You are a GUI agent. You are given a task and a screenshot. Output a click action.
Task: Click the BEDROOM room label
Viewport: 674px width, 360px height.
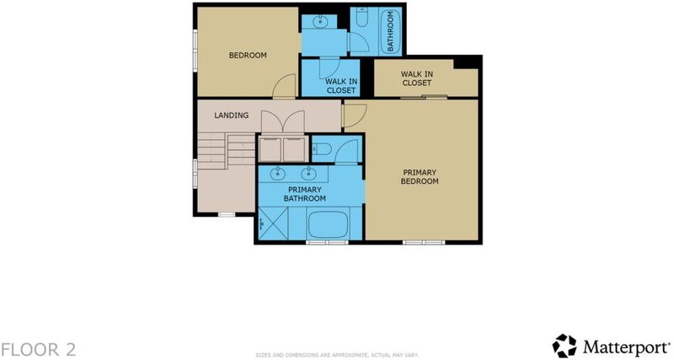tap(248, 55)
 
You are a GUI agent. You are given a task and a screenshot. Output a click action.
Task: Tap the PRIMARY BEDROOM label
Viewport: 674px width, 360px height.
tap(420, 177)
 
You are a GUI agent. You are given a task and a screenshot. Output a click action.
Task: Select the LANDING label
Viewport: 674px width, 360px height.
tap(231, 116)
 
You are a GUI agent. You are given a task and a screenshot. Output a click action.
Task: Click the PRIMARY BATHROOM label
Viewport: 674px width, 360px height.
tap(304, 194)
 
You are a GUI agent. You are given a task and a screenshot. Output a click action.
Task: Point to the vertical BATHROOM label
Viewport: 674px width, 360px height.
tap(391, 31)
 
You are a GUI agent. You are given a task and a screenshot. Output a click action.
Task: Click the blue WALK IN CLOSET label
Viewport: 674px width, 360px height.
tap(341, 86)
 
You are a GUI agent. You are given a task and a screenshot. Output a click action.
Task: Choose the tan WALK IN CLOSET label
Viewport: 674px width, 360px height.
tap(417, 78)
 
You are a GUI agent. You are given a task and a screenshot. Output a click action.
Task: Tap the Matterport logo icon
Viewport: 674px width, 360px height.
tap(564, 346)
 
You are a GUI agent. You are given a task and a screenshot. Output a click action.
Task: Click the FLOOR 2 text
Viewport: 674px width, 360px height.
tap(38, 349)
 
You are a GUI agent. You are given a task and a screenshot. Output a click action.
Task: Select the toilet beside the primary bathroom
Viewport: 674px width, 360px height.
tap(322, 149)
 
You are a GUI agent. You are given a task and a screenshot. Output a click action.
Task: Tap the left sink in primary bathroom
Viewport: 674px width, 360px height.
tap(278, 174)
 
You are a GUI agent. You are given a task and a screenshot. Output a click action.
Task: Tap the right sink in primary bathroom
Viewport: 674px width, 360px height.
tap(308, 174)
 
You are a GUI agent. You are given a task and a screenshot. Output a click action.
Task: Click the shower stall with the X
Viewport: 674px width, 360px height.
tap(273, 223)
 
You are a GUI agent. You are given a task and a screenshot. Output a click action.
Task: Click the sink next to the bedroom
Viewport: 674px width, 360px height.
tap(319, 21)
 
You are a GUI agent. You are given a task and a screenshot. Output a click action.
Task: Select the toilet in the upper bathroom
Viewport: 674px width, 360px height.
tap(361, 16)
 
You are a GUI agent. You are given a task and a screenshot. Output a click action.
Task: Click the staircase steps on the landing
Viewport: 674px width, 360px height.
tap(227, 151)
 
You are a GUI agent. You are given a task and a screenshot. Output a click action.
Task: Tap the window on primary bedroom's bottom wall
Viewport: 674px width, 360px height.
tap(424, 243)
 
